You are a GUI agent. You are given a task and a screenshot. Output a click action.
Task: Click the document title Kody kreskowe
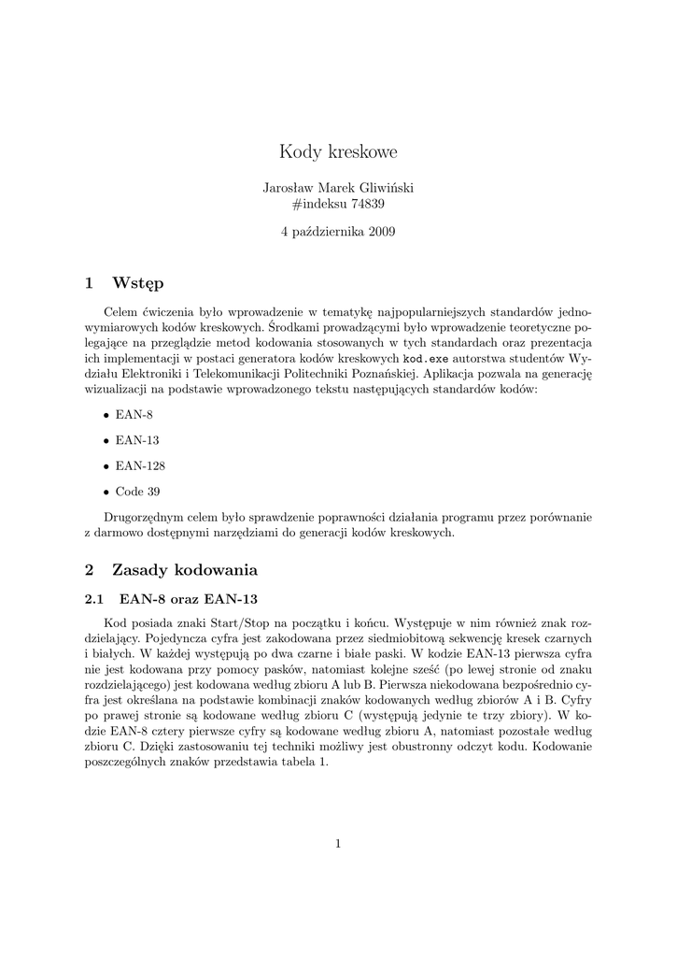pyautogui.click(x=338, y=151)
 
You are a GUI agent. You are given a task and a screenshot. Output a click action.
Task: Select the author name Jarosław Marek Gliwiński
pyautogui.click(x=338, y=187)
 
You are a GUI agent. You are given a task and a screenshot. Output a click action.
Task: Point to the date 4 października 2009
pyautogui.click(x=338, y=232)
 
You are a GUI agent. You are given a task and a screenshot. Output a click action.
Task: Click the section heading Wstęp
pyautogui.click(x=137, y=282)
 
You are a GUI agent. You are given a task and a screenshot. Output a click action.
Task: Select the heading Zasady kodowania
pyautogui.click(x=184, y=569)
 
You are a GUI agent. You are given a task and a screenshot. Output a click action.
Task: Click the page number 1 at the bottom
pyautogui.click(x=338, y=844)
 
